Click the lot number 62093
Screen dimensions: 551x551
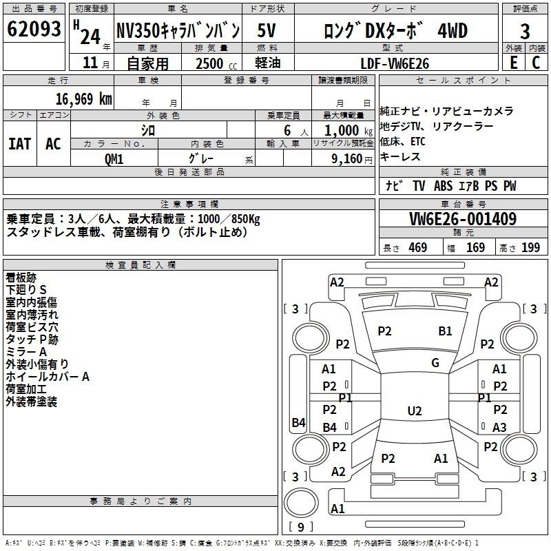point(34,30)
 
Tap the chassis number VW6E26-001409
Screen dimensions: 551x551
point(462,219)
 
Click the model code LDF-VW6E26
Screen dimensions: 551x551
point(395,63)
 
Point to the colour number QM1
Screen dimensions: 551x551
point(114,158)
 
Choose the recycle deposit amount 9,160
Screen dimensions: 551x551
point(342,158)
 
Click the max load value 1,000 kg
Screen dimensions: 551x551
point(342,130)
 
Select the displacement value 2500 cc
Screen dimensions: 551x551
point(210,63)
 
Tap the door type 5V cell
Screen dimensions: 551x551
point(269,30)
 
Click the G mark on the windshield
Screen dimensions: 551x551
point(435,363)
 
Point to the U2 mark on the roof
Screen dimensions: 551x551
point(414,411)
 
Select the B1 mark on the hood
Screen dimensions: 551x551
point(445,331)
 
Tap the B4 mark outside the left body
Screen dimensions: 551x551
point(298,423)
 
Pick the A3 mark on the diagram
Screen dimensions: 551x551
point(499,427)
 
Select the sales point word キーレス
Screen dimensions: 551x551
point(400,157)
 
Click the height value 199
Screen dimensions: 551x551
point(530,248)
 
